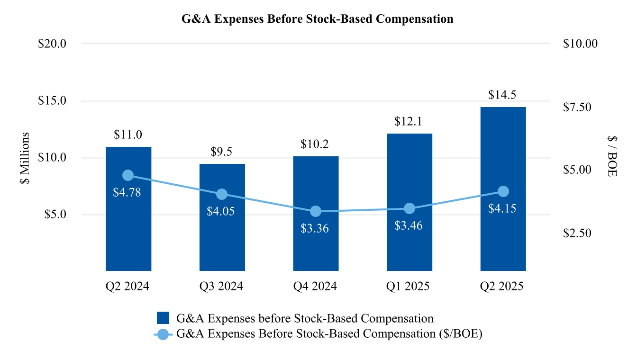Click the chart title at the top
318,19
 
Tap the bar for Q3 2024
222,237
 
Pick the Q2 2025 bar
503,237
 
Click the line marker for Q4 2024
315,211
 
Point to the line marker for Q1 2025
409,208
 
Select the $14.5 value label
502,95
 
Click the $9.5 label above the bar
221,153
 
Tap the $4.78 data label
127,193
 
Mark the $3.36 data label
315,229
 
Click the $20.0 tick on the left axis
52,44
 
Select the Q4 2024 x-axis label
315,287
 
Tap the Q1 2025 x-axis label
409,287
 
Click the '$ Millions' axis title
26,160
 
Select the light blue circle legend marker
163,334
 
